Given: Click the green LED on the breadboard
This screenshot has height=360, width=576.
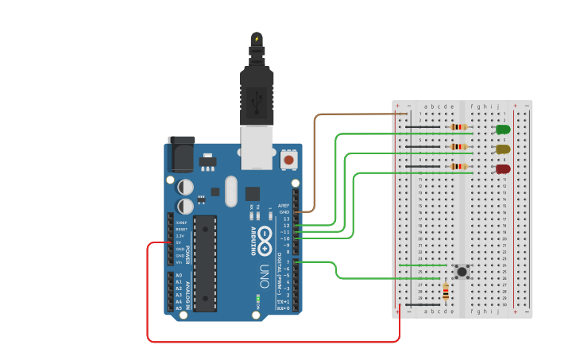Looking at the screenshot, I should point(503,130).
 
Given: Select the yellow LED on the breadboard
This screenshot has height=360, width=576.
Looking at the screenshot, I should point(503,149).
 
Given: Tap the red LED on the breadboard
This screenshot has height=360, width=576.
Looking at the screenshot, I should point(503,169).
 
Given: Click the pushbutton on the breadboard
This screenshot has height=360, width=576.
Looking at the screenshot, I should point(462,272).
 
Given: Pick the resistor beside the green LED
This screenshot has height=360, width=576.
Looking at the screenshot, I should point(458,127).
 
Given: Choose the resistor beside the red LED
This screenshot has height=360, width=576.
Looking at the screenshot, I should point(458,167).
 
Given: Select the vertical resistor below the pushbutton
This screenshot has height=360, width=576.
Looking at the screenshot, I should point(445,292).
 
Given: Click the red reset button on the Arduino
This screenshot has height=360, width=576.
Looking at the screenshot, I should point(288,160).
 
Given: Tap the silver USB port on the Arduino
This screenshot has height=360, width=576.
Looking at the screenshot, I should point(257,148).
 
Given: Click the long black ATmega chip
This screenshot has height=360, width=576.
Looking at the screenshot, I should point(205,262).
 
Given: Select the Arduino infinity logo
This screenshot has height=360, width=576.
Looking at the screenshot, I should point(265,236).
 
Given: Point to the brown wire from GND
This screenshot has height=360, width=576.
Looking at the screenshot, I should point(315,159).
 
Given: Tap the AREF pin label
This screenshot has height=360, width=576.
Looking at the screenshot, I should point(284,205).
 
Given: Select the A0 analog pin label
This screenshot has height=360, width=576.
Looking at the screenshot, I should point(179,275).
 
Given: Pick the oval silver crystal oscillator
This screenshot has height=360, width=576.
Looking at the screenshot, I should point(231,191).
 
